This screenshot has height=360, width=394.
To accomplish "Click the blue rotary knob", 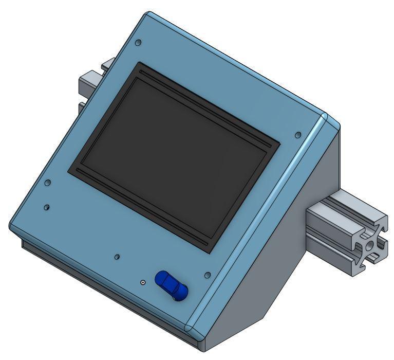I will tap(171, 285).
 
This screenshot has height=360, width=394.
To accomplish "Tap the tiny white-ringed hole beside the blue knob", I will tap(143, 282).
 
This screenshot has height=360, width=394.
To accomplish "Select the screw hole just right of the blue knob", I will tap(207, 276).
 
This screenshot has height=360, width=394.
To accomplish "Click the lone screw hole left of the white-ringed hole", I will tap(118, 256).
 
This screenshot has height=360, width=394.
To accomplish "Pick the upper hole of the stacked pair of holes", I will tap(48, 183).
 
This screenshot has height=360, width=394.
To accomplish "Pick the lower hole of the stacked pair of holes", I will tap(47, 207).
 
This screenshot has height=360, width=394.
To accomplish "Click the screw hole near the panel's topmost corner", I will tap(138, 43).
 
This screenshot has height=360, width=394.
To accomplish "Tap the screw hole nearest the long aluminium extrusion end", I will tap(298, 135).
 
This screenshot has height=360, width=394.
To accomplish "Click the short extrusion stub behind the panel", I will tap(90, 82).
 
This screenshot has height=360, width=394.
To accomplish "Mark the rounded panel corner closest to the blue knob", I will tap(191, 325).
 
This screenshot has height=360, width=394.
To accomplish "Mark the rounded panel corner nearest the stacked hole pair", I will tap(12, 225).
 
